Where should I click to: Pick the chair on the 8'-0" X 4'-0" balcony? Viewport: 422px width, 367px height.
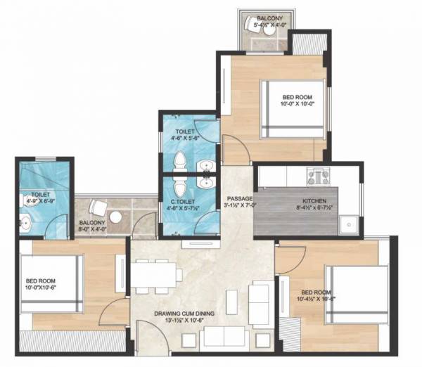[98, 208]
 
